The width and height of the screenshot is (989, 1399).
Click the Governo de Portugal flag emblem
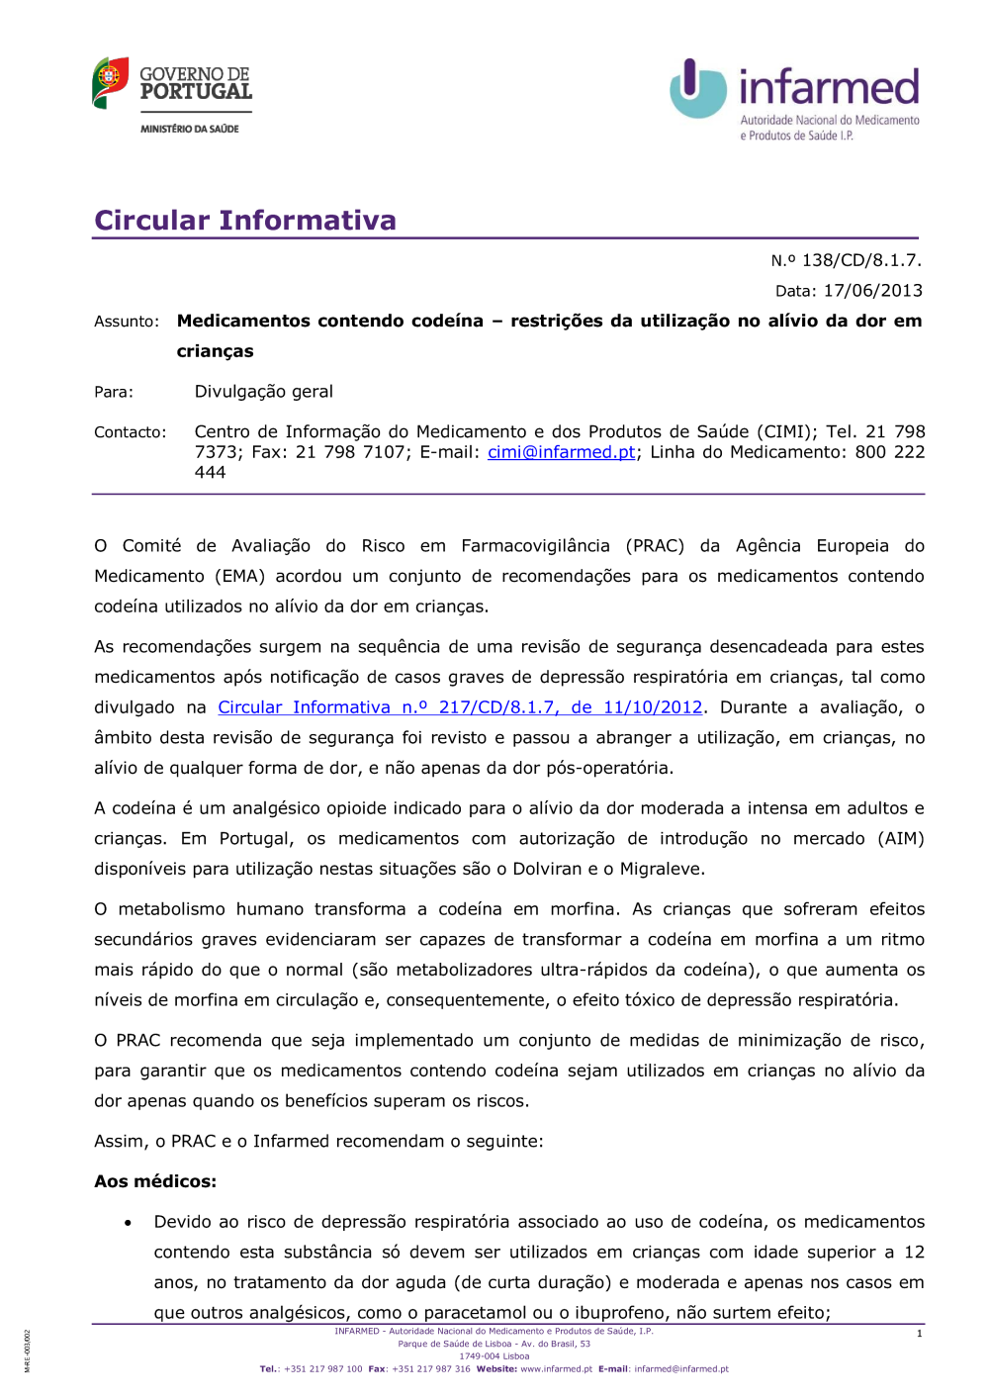click(110, 82)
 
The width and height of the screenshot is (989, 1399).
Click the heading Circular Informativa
click(245, 220)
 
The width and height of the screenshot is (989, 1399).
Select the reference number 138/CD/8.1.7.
click(861, 260)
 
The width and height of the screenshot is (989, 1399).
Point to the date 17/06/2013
click(873, 291)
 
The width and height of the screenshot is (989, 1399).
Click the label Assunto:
click(127, 322)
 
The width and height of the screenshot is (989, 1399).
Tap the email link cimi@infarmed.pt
click(562, 452)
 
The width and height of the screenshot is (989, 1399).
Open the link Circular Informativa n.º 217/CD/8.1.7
click(460, 707)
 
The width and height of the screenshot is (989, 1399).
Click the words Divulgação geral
click(264, 392)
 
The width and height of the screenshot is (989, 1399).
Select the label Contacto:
click(131, 432)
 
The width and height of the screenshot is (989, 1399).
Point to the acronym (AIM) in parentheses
click(900, 839)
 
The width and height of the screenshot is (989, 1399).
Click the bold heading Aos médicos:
click(155, 1181)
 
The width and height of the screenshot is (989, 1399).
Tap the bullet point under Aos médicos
click(129, 1224)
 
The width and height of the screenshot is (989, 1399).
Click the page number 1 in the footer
click(919, 1334)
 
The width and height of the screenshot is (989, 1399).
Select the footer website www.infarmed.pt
click(556, 1369)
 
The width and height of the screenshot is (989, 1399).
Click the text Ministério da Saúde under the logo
click(190, 129)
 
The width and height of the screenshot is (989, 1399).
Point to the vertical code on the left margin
click(28, 1352)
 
